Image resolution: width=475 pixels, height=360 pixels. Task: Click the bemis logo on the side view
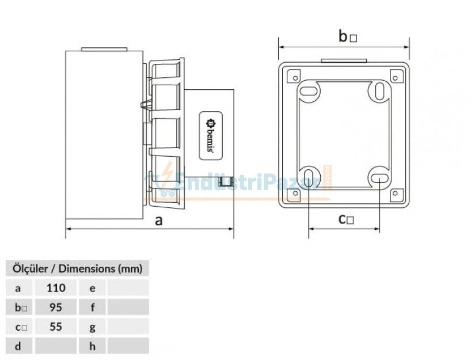(211, 135)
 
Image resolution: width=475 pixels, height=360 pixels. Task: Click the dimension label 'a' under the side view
(159, 221)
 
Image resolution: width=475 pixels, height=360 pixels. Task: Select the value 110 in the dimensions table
(56, 287)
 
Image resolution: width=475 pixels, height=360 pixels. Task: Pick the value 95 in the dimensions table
(56, 307)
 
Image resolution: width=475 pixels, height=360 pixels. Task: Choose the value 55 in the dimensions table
(56, 327)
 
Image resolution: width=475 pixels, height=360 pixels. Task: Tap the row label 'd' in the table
(18, 346)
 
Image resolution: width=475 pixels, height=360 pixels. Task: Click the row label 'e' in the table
(93, 287)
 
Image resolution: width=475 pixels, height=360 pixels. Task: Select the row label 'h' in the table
(93, 346)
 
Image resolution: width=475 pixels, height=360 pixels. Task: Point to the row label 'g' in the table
(93, 327)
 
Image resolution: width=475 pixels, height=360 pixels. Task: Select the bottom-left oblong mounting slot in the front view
(310, 177)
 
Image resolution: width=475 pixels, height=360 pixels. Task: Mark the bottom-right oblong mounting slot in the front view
(380, 178)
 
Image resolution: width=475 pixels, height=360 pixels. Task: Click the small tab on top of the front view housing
(344, 60)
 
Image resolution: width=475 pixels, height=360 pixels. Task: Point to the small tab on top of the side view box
(104, 50)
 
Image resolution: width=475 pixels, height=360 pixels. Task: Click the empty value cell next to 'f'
(128, 307)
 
